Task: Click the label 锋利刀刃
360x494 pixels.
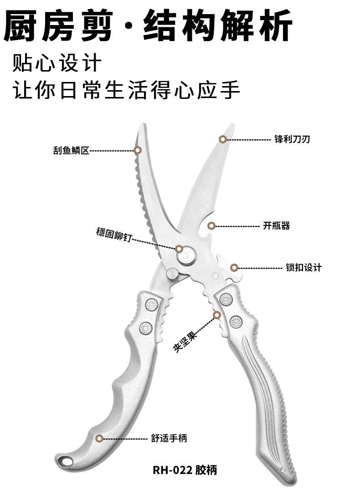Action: pyautogui.click(x=292, y=139)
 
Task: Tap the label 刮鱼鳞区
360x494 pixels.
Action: pyautogui.click(x=71, y=151)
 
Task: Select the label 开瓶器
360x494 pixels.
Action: pyautogui.click(x=276, y=225)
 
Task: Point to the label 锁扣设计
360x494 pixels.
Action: pyautogui.click(x=303, y=267)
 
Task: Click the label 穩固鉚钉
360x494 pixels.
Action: pyautogui.click(x=113, y=235)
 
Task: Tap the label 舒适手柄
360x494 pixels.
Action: pyautogui.click(x=169, y=438)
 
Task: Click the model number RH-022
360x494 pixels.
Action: pyautogui.click(x=172, y=470)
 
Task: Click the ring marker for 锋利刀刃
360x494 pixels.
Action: pyautogui.click(x=223, y=139)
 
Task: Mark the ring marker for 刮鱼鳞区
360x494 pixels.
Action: pyautogui.click(x=138, y=150)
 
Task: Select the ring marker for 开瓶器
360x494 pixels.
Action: pyautogui.click(x=211, y=225)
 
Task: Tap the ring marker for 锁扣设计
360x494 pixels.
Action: pyautogui.click(x=234, y=268)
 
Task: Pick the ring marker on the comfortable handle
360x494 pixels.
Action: pyautogui.click(x=99, y=438)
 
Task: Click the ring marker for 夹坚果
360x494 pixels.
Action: pyautogui.click(x=216, y=315)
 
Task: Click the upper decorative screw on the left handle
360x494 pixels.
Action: pyautogui.click(x=152, y=304)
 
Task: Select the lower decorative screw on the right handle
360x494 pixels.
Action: pyautogui.click(x=236, y=321)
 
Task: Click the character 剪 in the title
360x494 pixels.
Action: pyautogui.click(x=97, y=25)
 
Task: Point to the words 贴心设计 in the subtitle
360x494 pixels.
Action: pyautogui.click(x=57, y=63)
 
